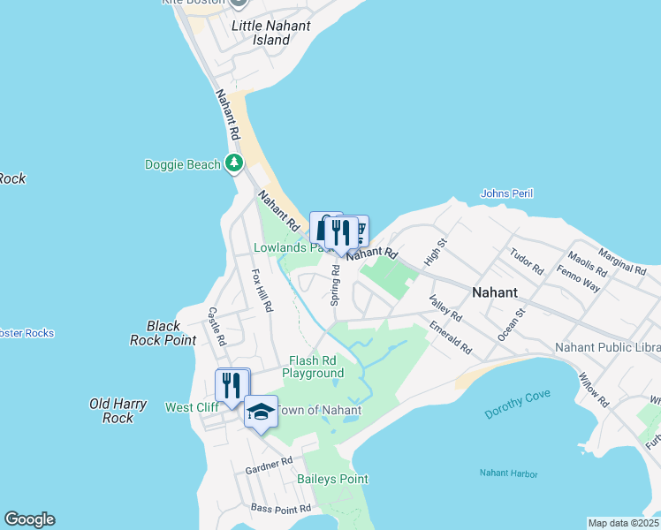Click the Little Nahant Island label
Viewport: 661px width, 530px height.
click(x=270, y=33)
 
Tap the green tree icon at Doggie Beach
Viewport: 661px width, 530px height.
click(x=234, y=163)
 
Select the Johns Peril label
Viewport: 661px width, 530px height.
click(x=506, y=193)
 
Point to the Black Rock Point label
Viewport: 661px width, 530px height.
click(x=163, y=333)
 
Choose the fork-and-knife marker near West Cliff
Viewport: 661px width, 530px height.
click(x=232, y=385)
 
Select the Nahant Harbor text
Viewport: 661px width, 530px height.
click(x=508, y=474)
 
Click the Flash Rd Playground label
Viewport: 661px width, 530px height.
click(x=313, y=367)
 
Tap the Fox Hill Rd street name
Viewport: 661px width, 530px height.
click(x=262, y=291)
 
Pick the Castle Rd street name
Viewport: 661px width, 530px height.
click(x=217, y=326)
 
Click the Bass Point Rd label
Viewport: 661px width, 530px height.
click(x=281, y=509)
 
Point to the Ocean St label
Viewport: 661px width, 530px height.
click(x=512, y=324)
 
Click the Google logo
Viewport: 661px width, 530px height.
click(x=29, y=519)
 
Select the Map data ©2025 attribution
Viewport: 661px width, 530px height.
click(x=623, y=523)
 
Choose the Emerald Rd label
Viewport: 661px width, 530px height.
click(x=452, y=338)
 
